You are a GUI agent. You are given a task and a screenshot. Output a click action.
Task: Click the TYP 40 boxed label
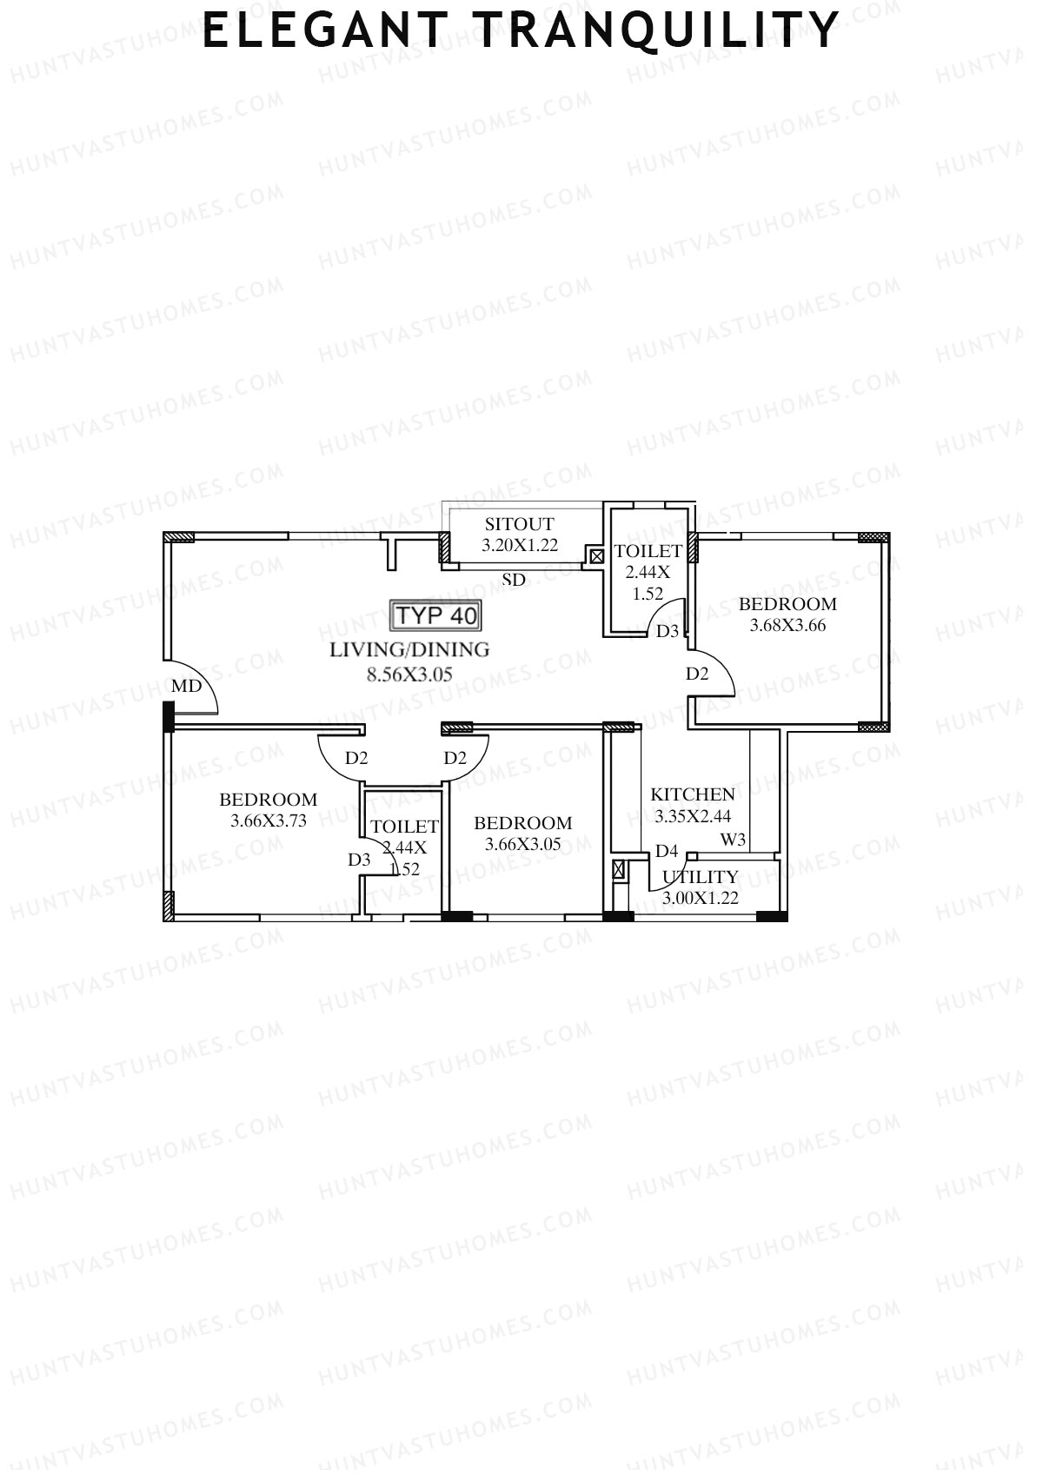(436, 615)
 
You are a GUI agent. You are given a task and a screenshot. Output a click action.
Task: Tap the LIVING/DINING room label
(409, 649)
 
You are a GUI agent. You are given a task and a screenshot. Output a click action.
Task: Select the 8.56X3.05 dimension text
(409, 674)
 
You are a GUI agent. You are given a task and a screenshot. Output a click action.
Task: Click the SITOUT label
(519, 524)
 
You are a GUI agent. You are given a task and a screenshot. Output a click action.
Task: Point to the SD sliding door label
(514, 580)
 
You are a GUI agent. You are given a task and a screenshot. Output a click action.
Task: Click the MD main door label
(187, 686)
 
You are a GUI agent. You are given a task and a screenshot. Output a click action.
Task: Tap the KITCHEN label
(693, 794)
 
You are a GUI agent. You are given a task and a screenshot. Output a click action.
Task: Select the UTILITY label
(701, 877)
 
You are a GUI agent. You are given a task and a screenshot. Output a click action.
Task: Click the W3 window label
(733, 840)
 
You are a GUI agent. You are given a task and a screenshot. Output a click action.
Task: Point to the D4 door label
(667, 851)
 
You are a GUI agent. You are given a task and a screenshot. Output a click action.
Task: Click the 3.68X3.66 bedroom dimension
(787, 625)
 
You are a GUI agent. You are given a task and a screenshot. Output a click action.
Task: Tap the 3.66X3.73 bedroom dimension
(269, 821)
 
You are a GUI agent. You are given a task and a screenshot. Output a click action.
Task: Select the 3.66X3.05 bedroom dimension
(523, 844)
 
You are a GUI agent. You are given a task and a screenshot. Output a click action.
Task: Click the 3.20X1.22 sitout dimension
(520, 546)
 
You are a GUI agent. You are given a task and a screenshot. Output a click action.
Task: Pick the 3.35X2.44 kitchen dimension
(693, 816)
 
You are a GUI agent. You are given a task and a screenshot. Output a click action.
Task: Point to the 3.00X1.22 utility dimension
(701, 899)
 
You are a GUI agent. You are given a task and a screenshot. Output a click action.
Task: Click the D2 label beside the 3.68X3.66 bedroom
(697, 674)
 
